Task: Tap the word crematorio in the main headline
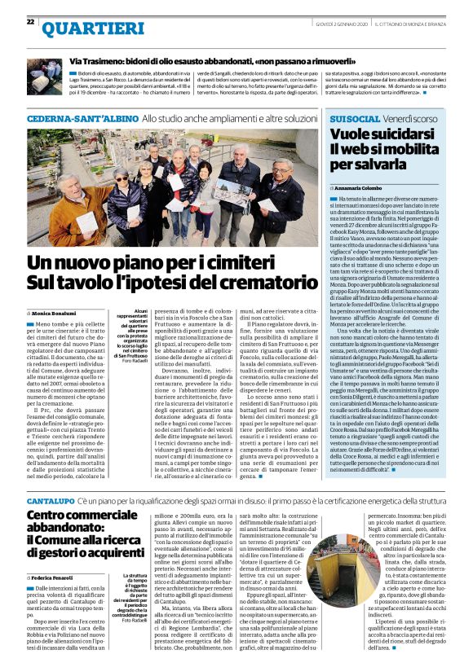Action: [252, 283]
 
